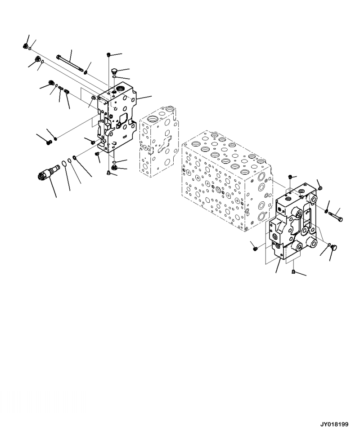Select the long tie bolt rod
pyautogui.click(x=71, y=63)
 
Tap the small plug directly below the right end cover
pyautogui.click(x=293, y=271)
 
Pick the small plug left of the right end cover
pyautogui.click(x=255, y=246)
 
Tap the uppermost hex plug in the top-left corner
pyautogui.click(x=26, y=45)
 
